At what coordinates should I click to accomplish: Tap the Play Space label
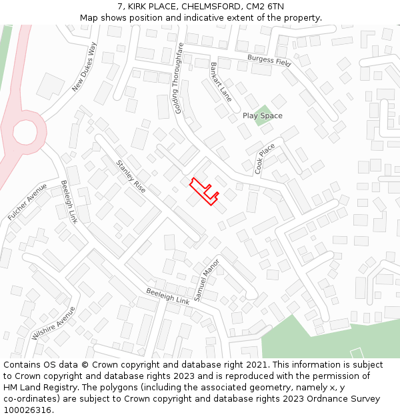262,116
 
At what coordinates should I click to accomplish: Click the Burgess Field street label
269,61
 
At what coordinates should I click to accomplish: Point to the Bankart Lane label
221,81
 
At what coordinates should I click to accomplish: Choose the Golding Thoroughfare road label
179,78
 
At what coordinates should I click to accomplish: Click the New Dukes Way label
85,67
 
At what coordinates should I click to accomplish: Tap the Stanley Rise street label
131,177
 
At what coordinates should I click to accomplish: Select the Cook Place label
265,159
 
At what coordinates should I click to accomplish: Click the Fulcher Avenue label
28,202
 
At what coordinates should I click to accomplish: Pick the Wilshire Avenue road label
53,324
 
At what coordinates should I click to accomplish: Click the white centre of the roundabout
25,133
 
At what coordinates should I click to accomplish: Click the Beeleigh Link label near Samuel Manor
168,296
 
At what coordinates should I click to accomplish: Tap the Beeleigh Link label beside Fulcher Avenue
69,202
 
